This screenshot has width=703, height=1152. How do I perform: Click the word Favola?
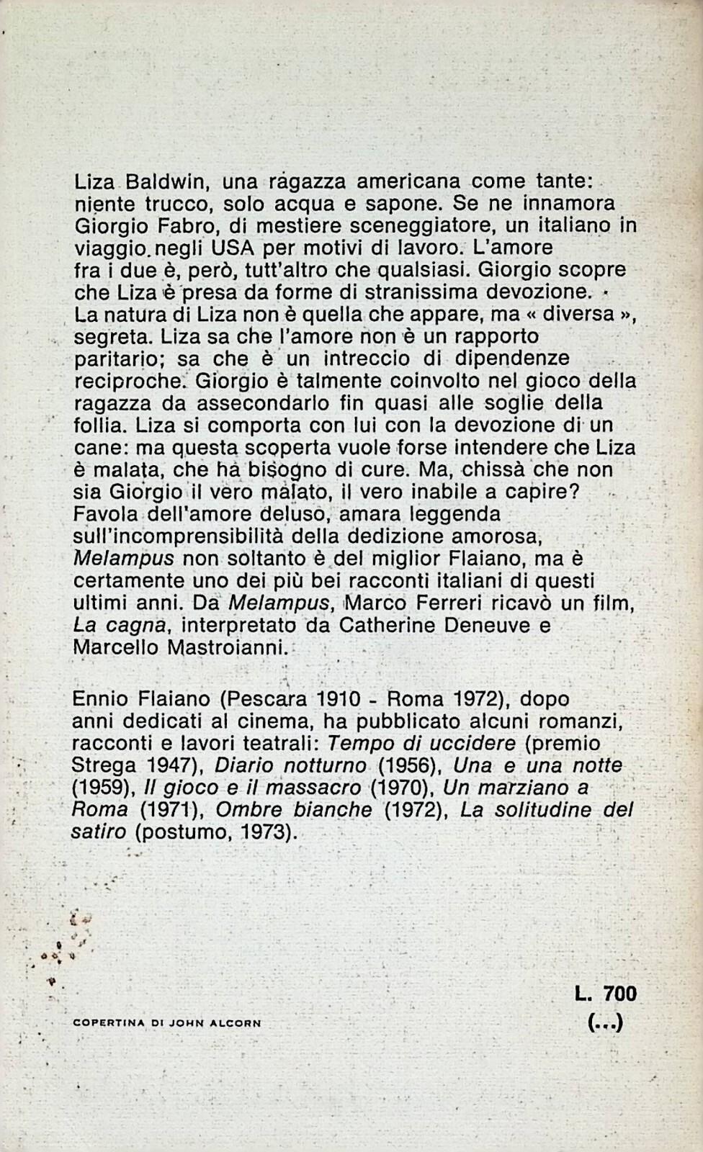[x=107, y=514]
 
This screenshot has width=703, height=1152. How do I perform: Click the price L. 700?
[x=606, y=994]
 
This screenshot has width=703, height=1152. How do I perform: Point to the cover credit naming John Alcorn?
[x=167, y=1022]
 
